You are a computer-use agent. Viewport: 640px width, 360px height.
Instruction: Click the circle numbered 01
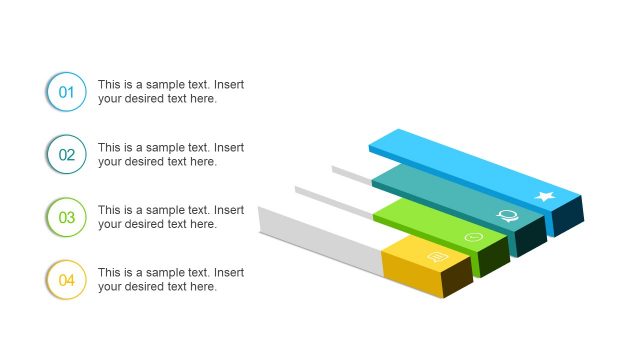coord(66,92)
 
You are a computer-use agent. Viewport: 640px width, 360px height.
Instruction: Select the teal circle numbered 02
coord(66,154)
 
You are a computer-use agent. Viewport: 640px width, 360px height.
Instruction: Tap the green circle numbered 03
coord(66,217)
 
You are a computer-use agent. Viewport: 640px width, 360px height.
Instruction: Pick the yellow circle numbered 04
coord(66,279)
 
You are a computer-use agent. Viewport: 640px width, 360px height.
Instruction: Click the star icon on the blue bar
coord(545,196)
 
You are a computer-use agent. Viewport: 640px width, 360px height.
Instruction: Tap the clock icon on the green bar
coord(474,237)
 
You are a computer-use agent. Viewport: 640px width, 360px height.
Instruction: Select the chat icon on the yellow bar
coord(436,257)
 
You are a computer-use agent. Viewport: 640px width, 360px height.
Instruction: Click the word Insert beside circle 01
coord(229,85)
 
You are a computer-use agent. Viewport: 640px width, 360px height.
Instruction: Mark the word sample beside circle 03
coord(152,210)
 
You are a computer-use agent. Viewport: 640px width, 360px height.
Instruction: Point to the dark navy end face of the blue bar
coord(568,216)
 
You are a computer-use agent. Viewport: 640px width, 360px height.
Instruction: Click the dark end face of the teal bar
coord(531,236)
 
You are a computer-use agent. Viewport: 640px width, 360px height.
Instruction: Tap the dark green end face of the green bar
coord(495,257)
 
